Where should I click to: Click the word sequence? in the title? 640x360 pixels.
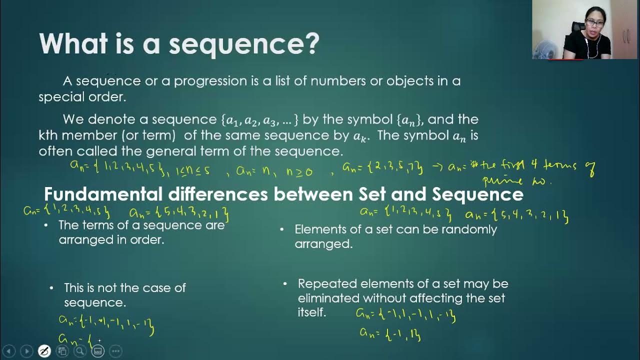click(244, 44)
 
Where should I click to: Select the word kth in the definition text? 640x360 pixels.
click(50, 135)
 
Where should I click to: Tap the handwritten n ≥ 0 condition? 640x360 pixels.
click(299, 171)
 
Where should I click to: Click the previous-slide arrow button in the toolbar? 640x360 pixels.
click(8, 351)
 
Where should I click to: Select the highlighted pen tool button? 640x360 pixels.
click(44, 351)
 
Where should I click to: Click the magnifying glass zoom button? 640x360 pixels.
click(80, 351)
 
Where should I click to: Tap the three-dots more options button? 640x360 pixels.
click(115, 351)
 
